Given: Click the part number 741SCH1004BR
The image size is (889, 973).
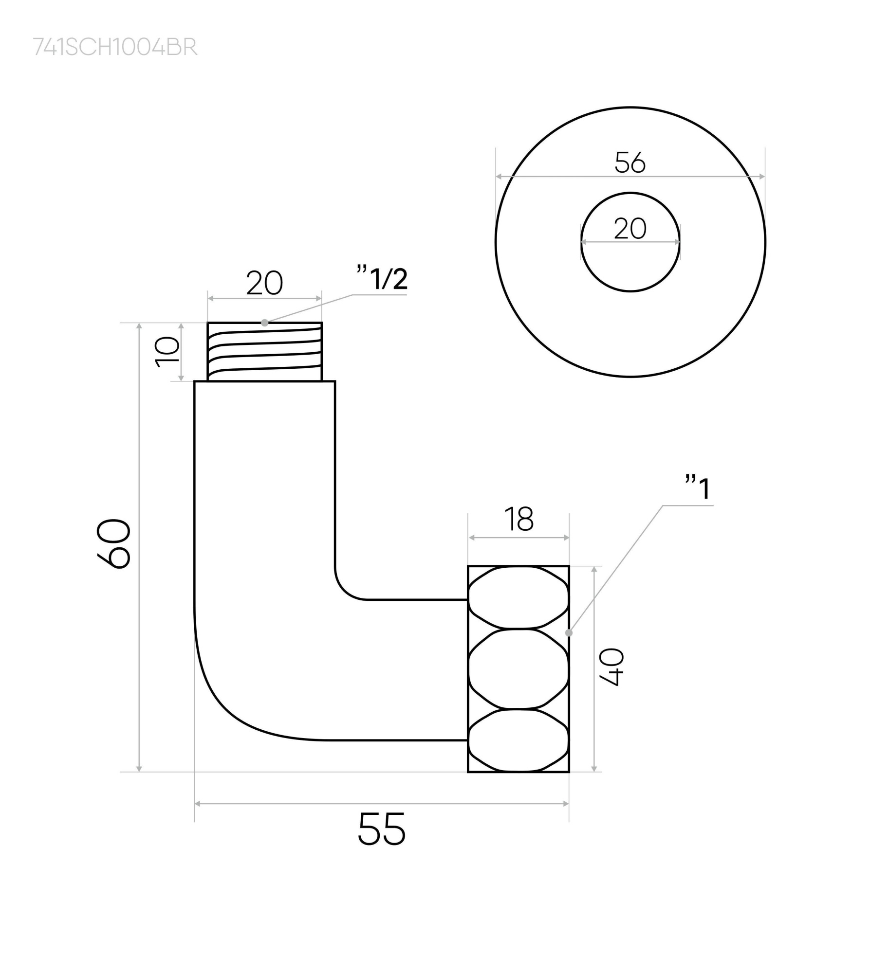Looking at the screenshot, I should (115, 47).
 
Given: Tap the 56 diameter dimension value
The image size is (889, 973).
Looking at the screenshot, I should (630, 162).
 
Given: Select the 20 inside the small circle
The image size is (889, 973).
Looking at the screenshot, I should (630, 229).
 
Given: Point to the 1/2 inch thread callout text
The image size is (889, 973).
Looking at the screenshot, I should (383, 279).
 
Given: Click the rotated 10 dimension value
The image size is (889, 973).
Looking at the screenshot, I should (167, 352).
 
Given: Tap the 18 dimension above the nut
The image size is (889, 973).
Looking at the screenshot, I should (519, 519).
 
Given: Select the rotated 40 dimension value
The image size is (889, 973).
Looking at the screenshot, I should (611, 667).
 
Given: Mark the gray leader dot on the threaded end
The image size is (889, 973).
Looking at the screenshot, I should (264, 323).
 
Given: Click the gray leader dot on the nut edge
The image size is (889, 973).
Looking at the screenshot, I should (569, 633).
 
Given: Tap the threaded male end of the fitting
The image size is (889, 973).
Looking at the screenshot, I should (264, 351).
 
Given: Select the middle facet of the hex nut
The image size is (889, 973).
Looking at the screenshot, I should (518, 668).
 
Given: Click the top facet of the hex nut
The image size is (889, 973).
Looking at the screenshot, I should (518, 597).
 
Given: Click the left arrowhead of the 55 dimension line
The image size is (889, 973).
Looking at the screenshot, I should (197, 804).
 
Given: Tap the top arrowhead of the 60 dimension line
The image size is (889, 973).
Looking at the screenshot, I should (139, 326).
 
